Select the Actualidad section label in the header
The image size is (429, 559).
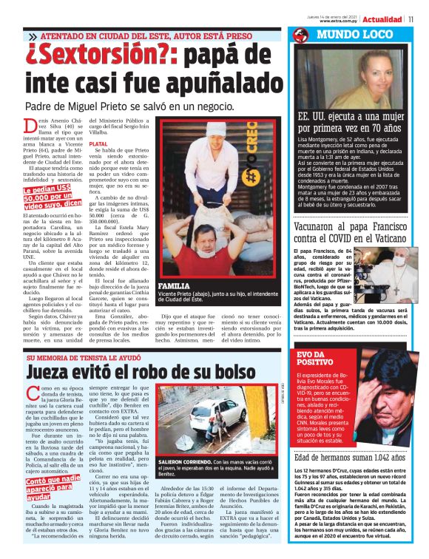[x=382, y=19]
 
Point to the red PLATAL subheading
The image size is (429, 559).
[x=98, y=143]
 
